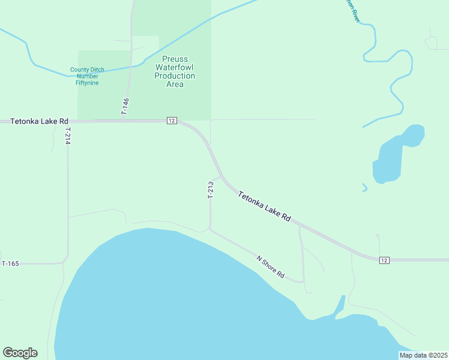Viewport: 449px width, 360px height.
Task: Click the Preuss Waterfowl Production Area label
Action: click(x=175, y=71)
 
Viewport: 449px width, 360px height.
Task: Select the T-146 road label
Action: click(x=125, y=107)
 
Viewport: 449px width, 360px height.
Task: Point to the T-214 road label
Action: click(x=68, y=136)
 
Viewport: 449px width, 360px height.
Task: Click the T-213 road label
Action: click(x=211, y=190)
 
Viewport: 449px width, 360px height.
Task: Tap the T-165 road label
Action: click(x=11, y=263)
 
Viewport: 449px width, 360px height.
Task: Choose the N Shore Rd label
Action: click(x=270, y=266)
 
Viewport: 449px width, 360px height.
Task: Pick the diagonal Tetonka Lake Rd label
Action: click(x=264, y=207)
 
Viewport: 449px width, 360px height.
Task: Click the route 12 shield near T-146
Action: click(x=172, y=121)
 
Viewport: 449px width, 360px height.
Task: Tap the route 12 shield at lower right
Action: click(x=384, y=260)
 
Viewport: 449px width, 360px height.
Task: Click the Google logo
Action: click(x=20, y=353)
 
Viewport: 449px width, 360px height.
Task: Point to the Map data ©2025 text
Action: click(x=423, y=355)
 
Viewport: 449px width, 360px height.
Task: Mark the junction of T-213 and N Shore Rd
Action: click(x=210, y=229)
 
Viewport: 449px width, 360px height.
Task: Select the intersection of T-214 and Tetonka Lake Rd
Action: click(x=68, y=121)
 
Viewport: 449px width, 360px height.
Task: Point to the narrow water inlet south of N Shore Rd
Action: click(x=340, y=306)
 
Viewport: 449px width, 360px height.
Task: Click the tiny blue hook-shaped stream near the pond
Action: click(x=364, y=188)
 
